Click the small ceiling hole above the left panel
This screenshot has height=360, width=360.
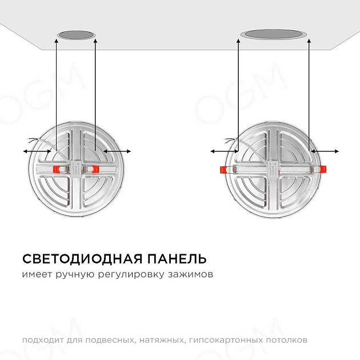pyautogui.click(x=75, y=35)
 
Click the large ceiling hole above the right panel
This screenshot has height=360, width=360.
pyautogui.click(x=274, y=34)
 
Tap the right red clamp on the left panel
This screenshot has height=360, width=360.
pyautogui.click(x=94, y=169)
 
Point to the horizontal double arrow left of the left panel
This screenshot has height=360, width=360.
pyautogui.click(x=37, y=151)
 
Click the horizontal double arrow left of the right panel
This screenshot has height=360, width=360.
pyautogui.click(x=225, y=151)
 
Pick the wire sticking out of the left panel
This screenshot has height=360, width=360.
pyautogui.click(x=35, y=139)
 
